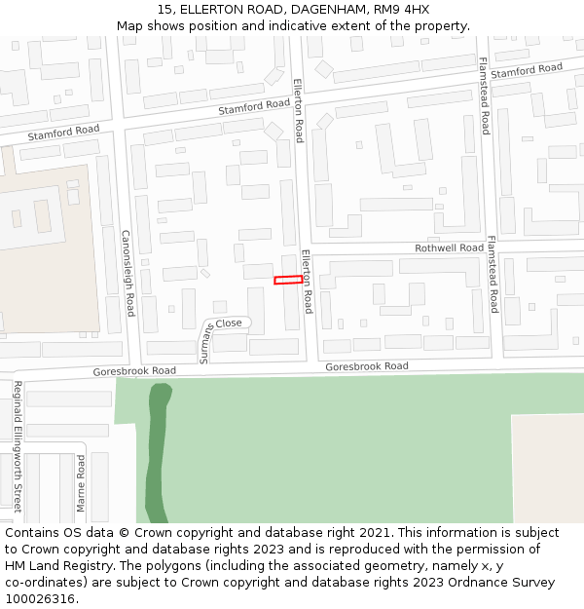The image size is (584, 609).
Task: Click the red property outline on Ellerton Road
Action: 287,281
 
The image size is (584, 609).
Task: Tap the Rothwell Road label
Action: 449,248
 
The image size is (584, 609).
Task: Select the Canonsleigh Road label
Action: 127,273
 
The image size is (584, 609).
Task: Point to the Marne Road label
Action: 82,483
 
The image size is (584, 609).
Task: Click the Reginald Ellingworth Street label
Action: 18,445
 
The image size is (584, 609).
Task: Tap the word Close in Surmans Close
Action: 229,323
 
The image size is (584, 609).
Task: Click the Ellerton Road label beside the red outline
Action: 307,281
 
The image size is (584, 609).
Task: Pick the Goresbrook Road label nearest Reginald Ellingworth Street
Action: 134,371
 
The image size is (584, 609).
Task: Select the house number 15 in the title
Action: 164,10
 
